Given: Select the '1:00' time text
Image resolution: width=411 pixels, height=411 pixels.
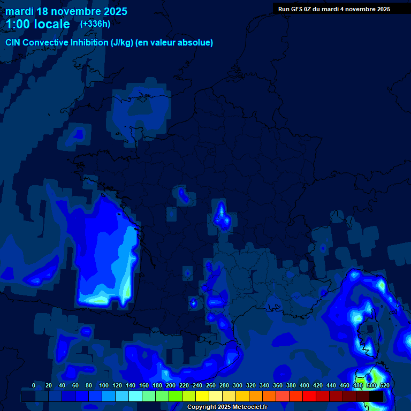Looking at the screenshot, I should [17, 24].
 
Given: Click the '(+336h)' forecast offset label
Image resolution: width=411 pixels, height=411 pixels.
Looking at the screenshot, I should [95, 24].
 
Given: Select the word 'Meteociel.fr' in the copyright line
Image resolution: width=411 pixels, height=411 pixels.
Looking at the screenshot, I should [249, 407].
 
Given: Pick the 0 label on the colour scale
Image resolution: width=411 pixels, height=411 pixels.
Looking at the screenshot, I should [34, 385].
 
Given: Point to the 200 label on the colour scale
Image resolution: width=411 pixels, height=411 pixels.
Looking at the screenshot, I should [170, 385].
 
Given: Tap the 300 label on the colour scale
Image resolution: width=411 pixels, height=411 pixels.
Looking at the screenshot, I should [237, 385].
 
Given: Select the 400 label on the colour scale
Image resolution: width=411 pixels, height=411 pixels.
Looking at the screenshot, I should [305, 385].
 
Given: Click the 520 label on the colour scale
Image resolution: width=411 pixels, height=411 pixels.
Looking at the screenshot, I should [384, 385].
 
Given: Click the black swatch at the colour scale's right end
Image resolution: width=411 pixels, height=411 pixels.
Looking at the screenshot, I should [376, 397].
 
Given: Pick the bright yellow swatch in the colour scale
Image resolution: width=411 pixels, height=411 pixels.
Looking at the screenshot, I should [202, 397].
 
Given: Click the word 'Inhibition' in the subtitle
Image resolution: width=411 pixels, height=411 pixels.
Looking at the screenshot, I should [88, 42].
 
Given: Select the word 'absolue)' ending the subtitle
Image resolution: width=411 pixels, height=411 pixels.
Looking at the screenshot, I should [196, 42].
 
